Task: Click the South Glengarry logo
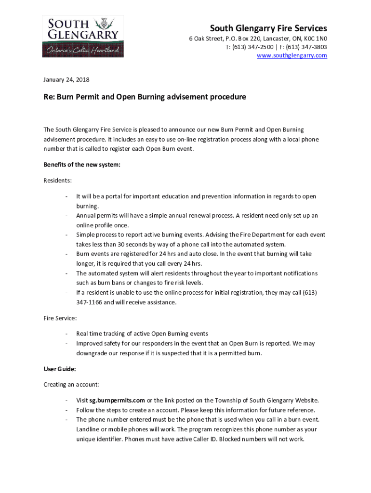click(82, 37)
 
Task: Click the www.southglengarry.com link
click(291, 56)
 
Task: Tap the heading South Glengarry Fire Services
click(268, 28)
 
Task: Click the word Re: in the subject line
click(49, 97)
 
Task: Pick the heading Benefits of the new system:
click(82, 165)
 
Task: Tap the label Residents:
click(58, 181)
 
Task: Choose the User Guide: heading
click(60, 369)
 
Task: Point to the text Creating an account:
click(72, 385)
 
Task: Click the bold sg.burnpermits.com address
click(117, 400)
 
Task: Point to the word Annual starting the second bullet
click(86, 216)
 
